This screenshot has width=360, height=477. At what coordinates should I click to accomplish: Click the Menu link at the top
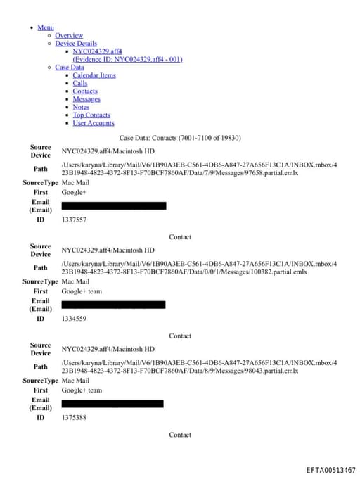[46, 27]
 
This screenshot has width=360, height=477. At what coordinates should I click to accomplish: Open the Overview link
[69, 35]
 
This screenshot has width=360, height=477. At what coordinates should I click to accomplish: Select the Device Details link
[76, 44]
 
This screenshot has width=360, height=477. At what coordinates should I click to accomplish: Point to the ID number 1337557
[74, 220]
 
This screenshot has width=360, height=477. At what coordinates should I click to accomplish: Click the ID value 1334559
[74, 319]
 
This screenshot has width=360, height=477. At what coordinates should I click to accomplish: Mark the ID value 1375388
[74, 418]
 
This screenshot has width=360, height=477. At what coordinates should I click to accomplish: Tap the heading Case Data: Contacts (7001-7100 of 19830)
[180, 138]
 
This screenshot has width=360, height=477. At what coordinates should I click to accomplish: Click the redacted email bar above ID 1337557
[114, 206]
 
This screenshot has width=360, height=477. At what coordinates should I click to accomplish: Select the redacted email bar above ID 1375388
[112, 404]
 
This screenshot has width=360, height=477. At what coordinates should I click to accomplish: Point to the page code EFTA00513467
[330, 469]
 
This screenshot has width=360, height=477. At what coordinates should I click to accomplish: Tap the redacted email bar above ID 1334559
[113, 305]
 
